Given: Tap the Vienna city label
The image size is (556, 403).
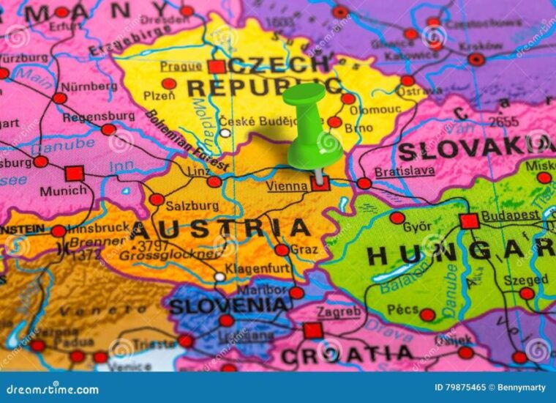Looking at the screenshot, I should [x=286, y=186].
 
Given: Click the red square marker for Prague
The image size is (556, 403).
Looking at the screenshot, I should [x=216, y=67].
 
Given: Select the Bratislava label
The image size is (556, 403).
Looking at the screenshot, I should [x=404, y=171].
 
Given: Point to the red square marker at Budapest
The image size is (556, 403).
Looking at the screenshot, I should [x=469, y=221].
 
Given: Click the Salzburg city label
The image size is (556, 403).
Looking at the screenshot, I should [x=192, y=206].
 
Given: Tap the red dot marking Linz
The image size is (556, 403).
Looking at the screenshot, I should [x=214, y=182].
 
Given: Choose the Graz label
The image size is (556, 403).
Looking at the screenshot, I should [x=304, y=249].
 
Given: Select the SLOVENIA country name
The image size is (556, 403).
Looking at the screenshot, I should [x=228, y=305].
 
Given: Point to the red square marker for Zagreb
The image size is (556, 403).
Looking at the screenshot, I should [x=313, y=330].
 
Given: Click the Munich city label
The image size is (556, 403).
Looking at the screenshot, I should [x=63, y=191].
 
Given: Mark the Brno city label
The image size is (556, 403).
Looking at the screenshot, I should [x=358, y=127].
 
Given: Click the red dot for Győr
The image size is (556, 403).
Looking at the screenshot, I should [x=397, y=218].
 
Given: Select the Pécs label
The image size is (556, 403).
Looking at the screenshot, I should [x=403, y=310].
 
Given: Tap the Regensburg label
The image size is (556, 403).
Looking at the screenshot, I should [x=98, y=117].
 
